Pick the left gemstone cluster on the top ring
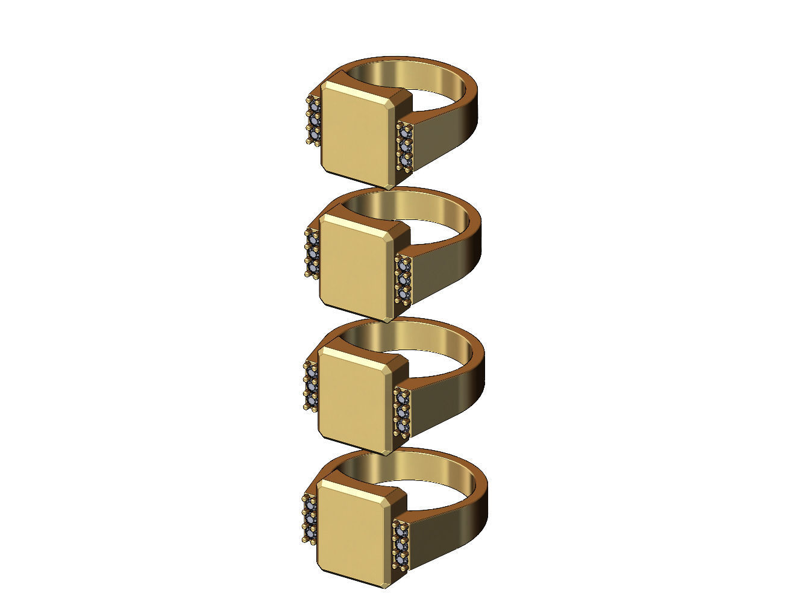(313, 121)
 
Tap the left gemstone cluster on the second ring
(312, 253)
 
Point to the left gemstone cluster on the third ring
(311, 386)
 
